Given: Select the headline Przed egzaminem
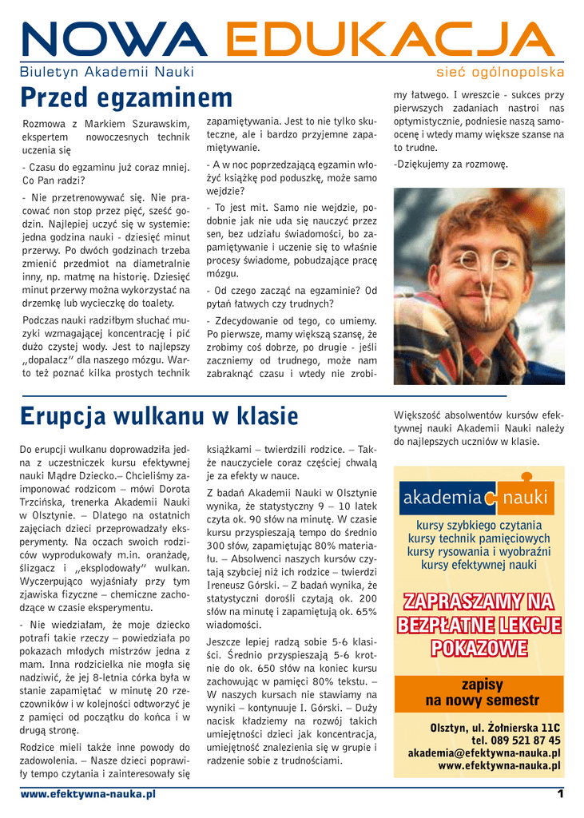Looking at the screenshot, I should point(126,98).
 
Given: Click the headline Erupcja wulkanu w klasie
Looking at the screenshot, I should point(158,416).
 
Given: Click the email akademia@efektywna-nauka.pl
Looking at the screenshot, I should point(484,753).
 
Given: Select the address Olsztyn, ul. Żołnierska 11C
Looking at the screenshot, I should point(495,728).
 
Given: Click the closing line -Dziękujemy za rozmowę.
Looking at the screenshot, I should point(451,165).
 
